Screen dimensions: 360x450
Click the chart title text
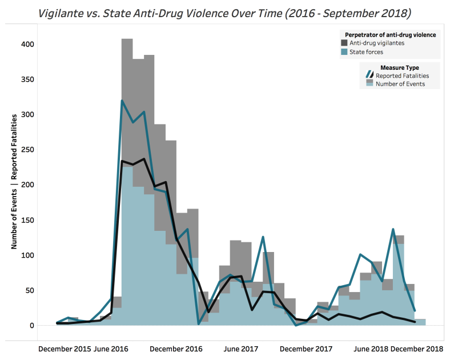(x=225, y=12)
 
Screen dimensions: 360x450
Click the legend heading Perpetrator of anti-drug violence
(x=391, y=35)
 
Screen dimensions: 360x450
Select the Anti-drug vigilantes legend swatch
(x=344, y=43)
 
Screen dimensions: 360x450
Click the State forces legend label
(x=367, y=52)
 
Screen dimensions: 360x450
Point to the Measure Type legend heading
(x=400, y=67)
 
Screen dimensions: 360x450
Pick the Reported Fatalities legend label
(x=402, y=75)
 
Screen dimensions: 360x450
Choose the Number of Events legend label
(x=400, y=84)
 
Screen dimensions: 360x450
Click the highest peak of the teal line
(x=122, y=101)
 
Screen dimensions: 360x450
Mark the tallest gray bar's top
(x=127, y=39)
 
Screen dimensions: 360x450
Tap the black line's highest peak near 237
(x=144, y=159)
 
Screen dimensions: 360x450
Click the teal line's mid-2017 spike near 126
(x=263, y=237)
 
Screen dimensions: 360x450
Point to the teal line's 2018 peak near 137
(x=393, y=229)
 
